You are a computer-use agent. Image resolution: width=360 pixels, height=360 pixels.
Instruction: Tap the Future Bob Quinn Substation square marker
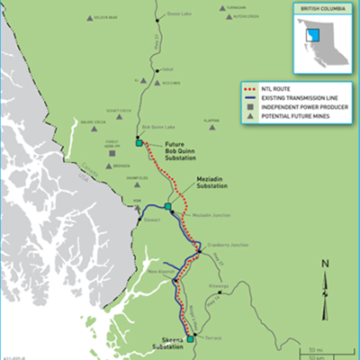point(139,142)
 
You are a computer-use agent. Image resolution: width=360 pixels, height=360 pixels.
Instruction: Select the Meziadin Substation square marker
point(167,206)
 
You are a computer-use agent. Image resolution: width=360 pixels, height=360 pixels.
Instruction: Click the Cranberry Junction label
point(220,244)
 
